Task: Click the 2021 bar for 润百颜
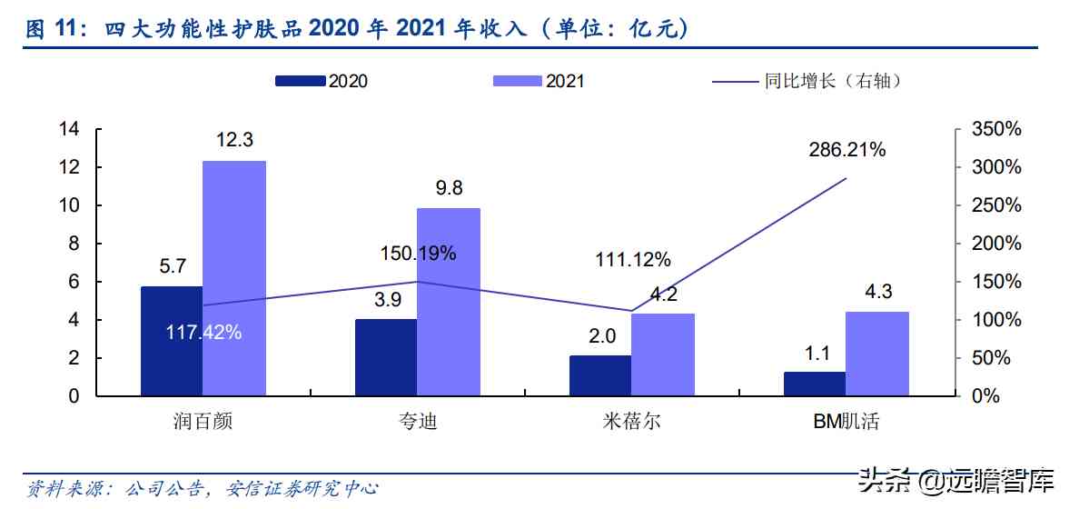coord(234,278)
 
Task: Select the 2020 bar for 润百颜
coord(172,341)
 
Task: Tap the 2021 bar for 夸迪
coord(448,302)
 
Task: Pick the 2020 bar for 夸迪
coord(386,357)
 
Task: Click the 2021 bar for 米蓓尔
coord(662,354)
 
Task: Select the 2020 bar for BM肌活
coord(815,384)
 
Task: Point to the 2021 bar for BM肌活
coord(876,354)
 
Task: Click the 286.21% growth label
coord(846,150)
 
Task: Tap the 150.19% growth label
coord(418,254)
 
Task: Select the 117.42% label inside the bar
coord(203,333)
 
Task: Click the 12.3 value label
coord(234,140)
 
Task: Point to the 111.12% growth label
coord(633,260)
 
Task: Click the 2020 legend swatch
coord(300,81)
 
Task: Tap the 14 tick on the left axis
coord(69,129)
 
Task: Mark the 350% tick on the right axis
coord(996,129)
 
